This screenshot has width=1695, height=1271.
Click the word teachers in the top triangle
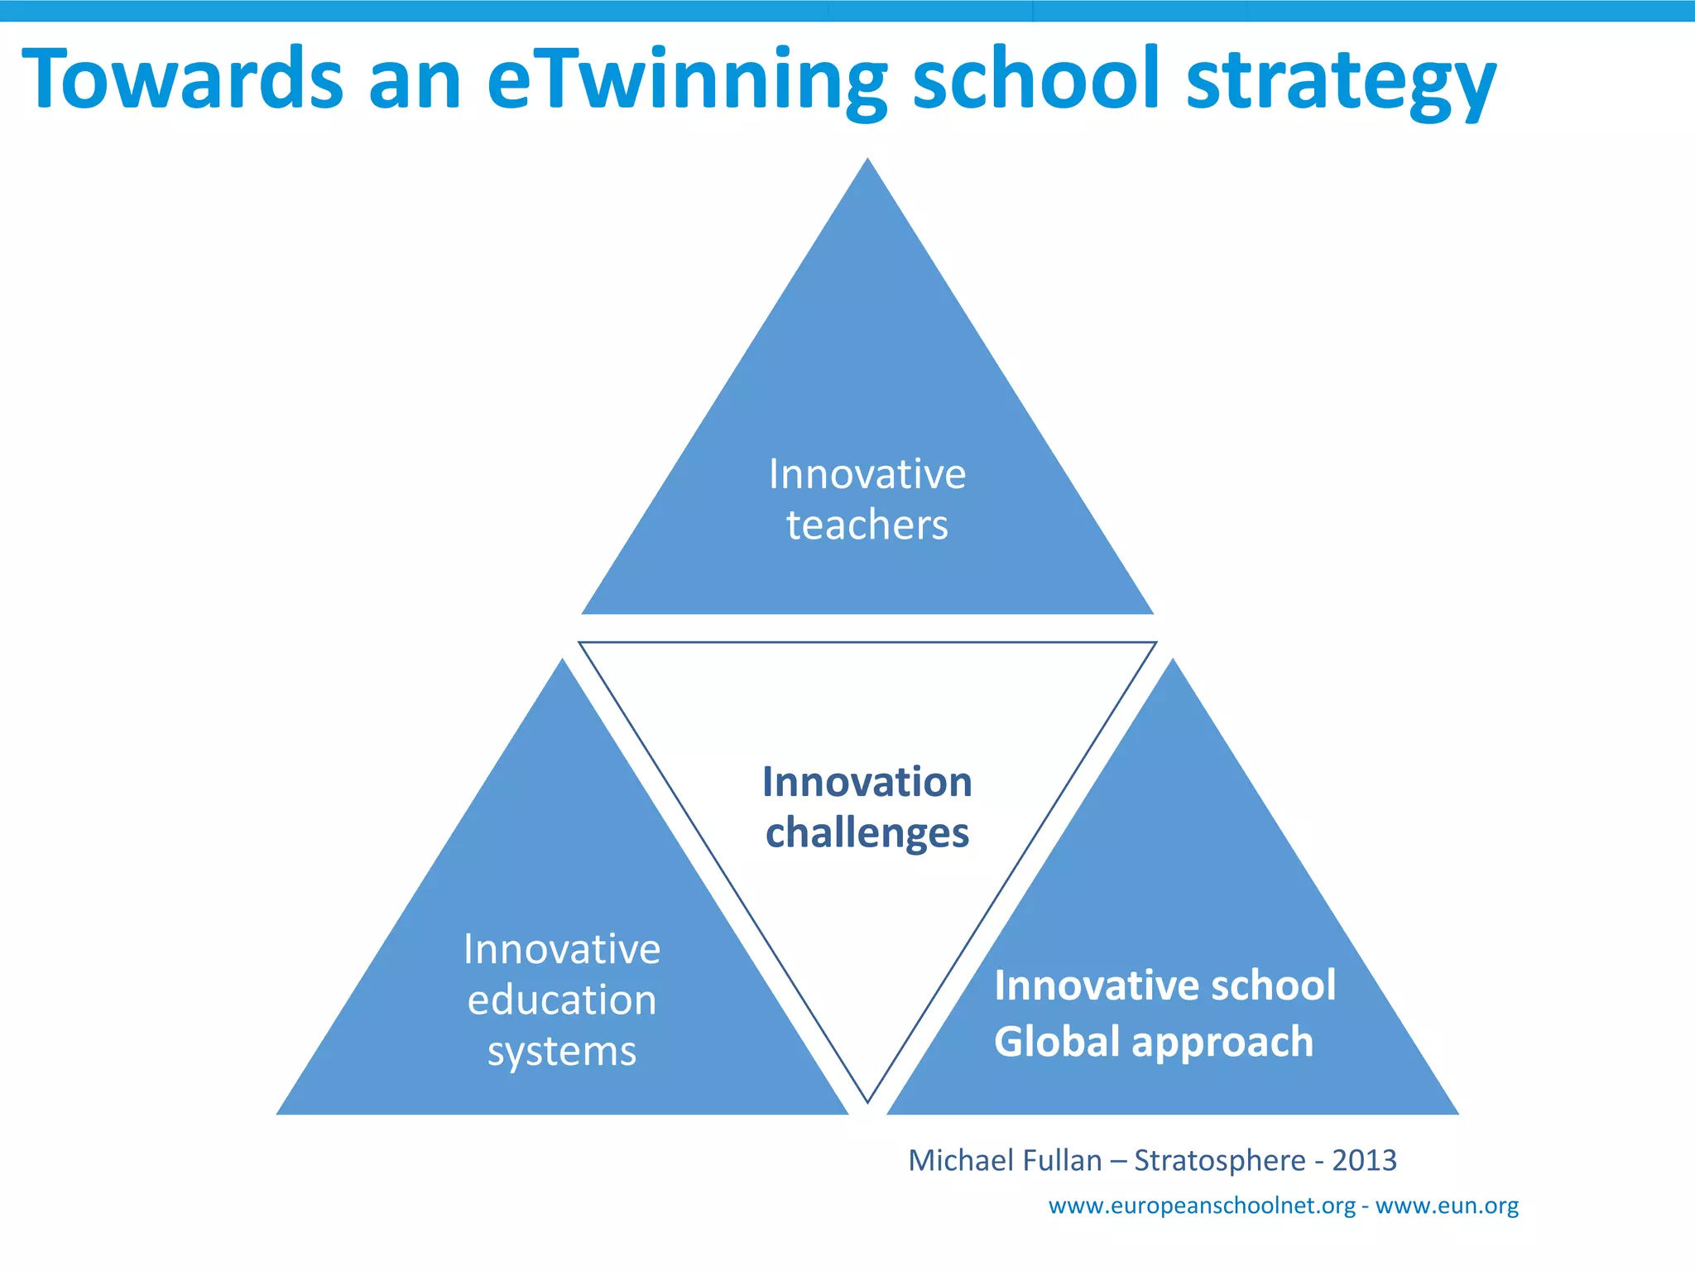click(867, 525)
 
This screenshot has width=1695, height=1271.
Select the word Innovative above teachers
click(867, 474)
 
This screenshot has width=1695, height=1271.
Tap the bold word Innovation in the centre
click(867, 782)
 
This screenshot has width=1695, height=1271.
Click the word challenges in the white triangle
click(867, 833)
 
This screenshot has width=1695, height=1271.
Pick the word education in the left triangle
click(562, 1000)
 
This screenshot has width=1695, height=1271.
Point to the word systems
click(562, 1052)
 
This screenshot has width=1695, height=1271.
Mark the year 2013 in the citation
click(1364, 1160)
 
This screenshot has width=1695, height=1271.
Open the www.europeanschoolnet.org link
click(1202, 1206)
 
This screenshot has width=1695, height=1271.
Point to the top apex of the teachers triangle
click(867, 161)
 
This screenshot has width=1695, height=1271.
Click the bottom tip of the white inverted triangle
click(867, 1099)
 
